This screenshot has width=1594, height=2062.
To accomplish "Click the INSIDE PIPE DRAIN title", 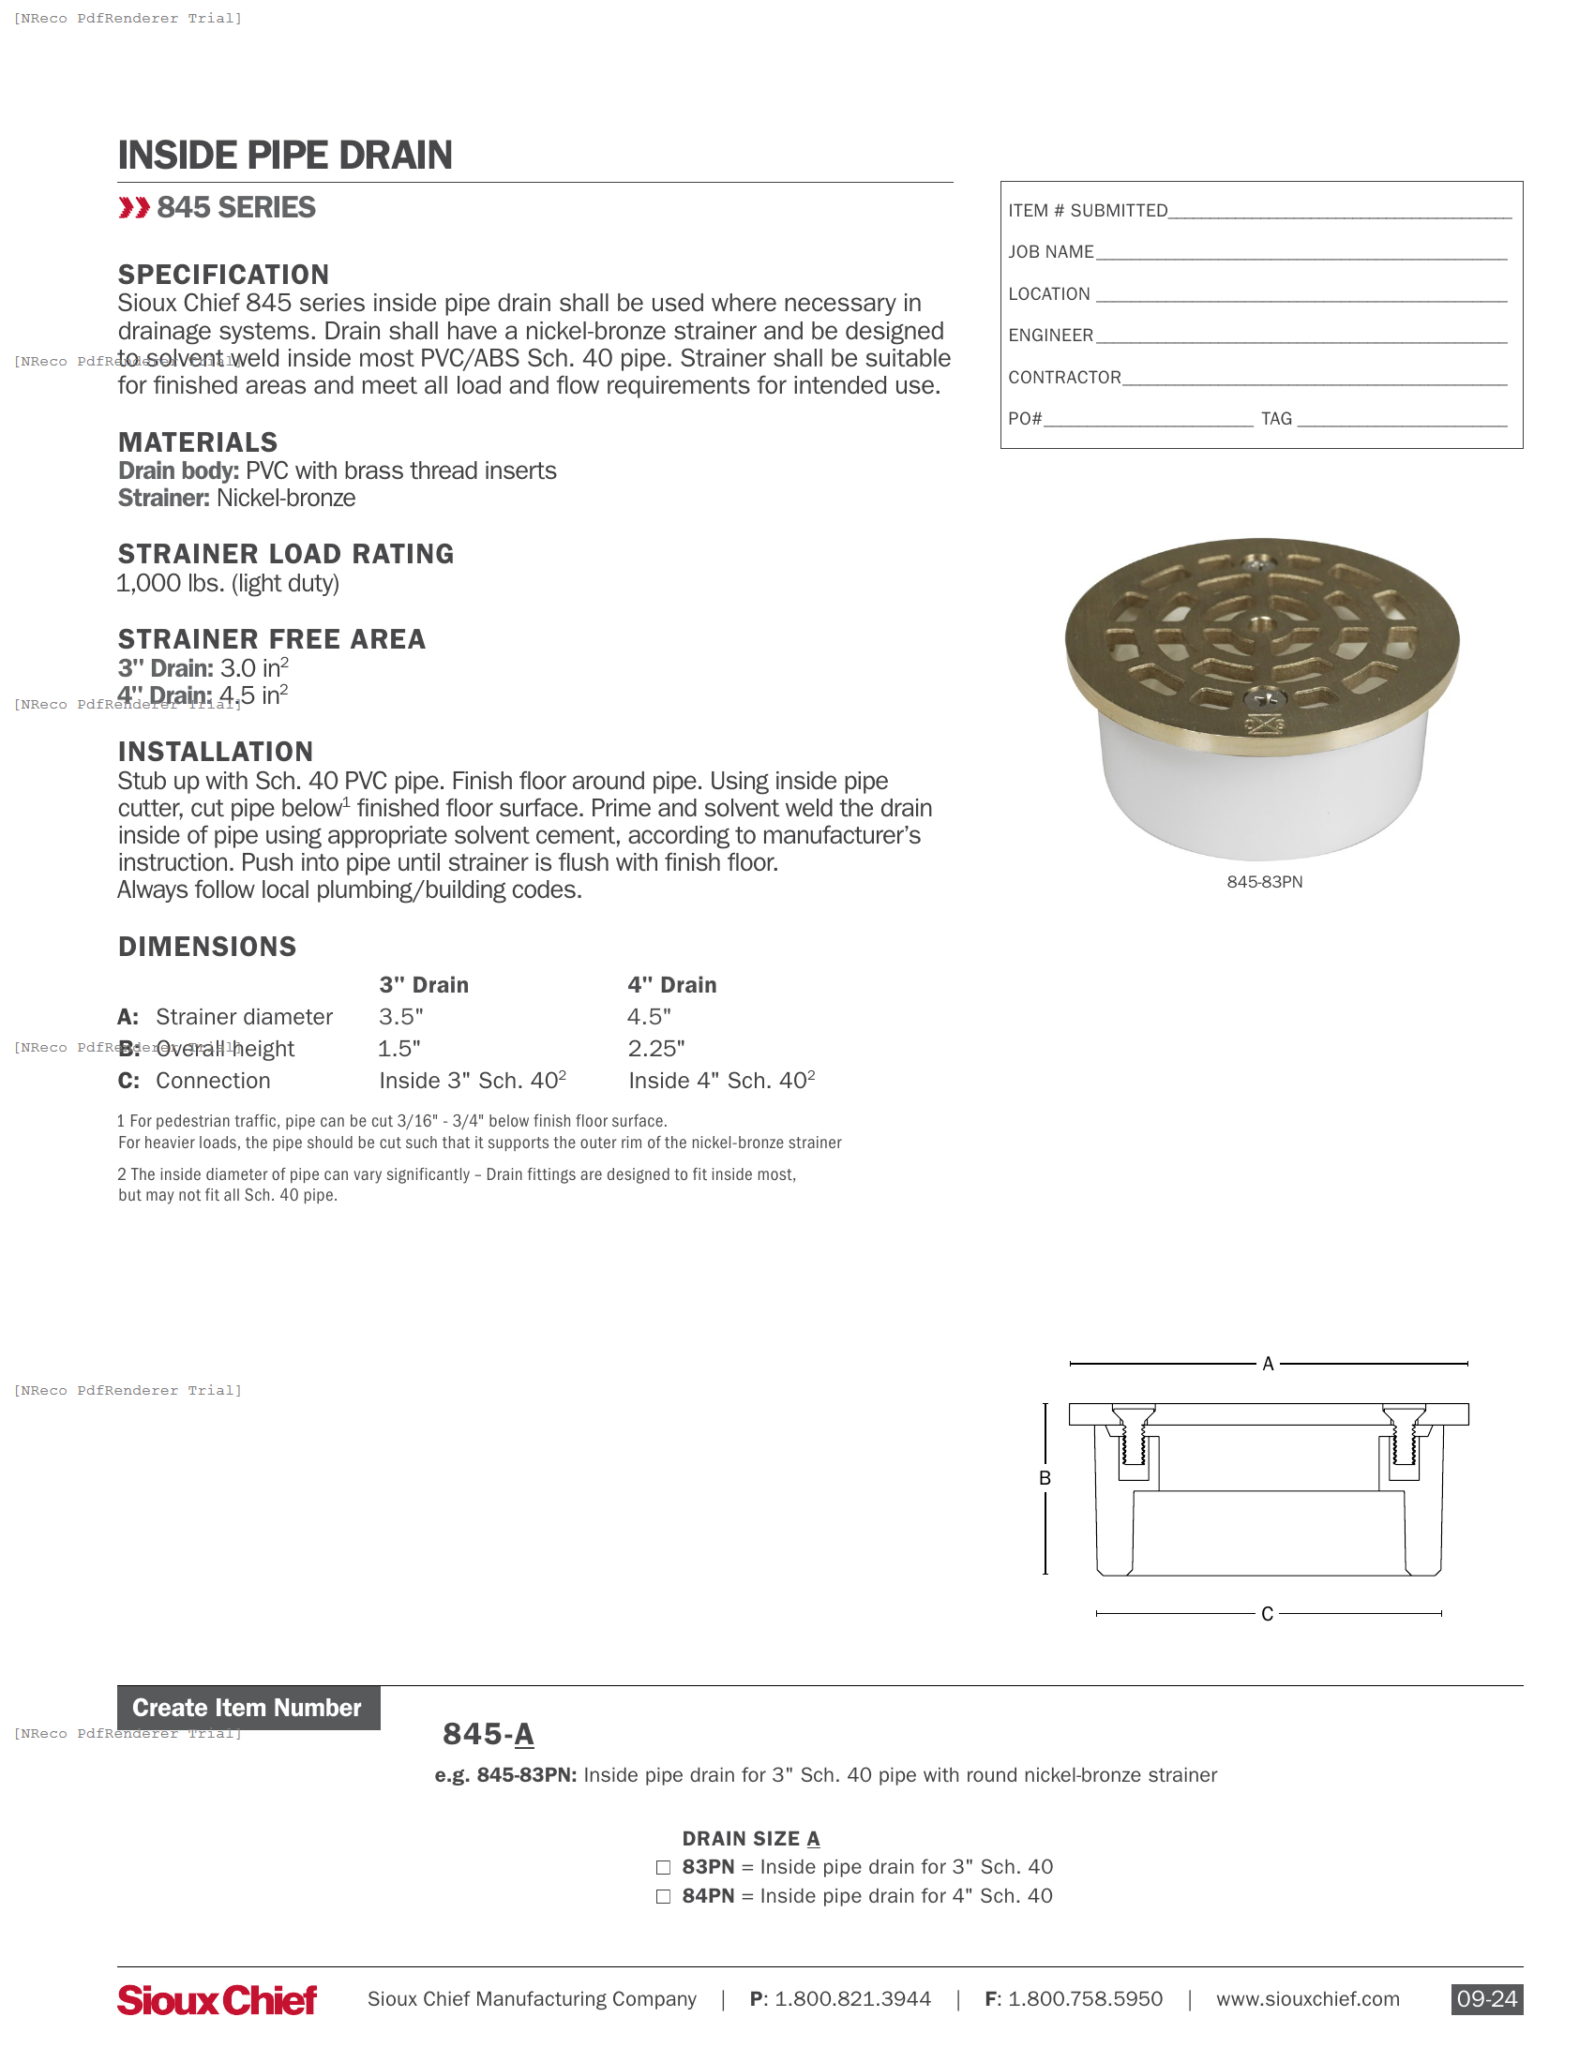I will tap(284, 156).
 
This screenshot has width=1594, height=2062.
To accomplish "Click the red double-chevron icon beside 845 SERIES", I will tap(134, 208).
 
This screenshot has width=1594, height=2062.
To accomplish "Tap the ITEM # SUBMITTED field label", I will tap(1087, 211).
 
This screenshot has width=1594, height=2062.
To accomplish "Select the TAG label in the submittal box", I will tap(1276, 418).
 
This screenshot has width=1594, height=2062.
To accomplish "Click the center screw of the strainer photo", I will tap(1259, 623).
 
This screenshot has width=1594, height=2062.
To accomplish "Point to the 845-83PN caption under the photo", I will tap(1264, 882).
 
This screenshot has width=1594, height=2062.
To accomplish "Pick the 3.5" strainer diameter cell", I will tap(400, 1017).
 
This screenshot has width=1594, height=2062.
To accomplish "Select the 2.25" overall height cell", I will tap(655, 1049).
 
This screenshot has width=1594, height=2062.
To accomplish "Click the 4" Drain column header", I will tap(671, 985).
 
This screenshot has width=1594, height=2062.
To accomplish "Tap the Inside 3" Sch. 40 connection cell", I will tap(473, 1081).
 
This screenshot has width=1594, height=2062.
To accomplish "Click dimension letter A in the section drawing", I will tap(1268, 1364).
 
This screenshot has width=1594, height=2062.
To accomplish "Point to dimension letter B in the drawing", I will tap(1045, 1478).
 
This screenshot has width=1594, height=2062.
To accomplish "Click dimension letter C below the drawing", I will tap(1267, 1614).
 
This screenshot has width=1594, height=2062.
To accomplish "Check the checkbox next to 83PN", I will tap(663, 1867).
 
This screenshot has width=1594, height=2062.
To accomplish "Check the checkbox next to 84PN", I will tap(663, 1897).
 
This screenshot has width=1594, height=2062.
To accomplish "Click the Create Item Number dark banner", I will tap(248, 1708).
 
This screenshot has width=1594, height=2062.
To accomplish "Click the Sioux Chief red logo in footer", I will tap(218, 2000).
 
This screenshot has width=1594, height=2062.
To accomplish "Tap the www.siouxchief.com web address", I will tap(1307, 2000).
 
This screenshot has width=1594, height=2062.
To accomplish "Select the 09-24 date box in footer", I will tap(1485, 2000).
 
